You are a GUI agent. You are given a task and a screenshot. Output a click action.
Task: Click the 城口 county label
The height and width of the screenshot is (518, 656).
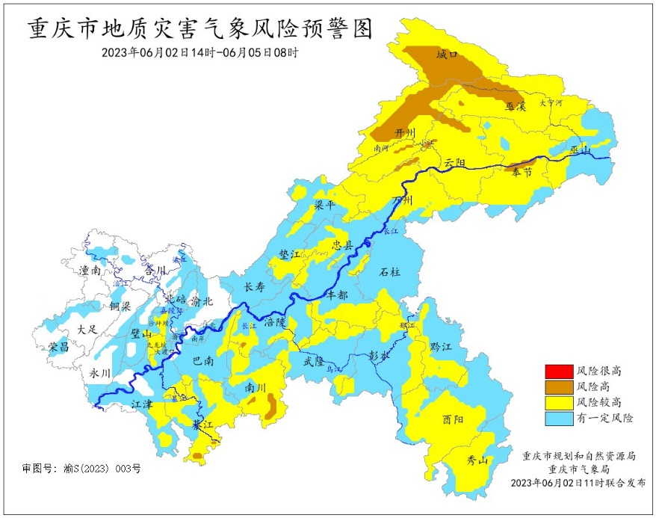(446, 55)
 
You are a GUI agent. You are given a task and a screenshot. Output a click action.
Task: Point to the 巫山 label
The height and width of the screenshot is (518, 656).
(580, 152)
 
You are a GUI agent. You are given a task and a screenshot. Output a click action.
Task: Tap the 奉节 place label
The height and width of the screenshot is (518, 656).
(522, 172)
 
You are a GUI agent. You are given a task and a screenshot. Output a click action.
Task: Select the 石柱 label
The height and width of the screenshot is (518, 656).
(390, 272)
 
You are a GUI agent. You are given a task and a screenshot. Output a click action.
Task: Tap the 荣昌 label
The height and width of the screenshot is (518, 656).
(59, 348)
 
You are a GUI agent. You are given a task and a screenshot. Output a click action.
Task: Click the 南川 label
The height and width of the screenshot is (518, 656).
(256, 388)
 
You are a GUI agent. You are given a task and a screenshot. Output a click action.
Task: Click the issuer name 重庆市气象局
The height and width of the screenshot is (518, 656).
(578, 469)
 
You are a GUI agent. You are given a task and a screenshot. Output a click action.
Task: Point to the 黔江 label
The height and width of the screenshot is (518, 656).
(442, 347)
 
